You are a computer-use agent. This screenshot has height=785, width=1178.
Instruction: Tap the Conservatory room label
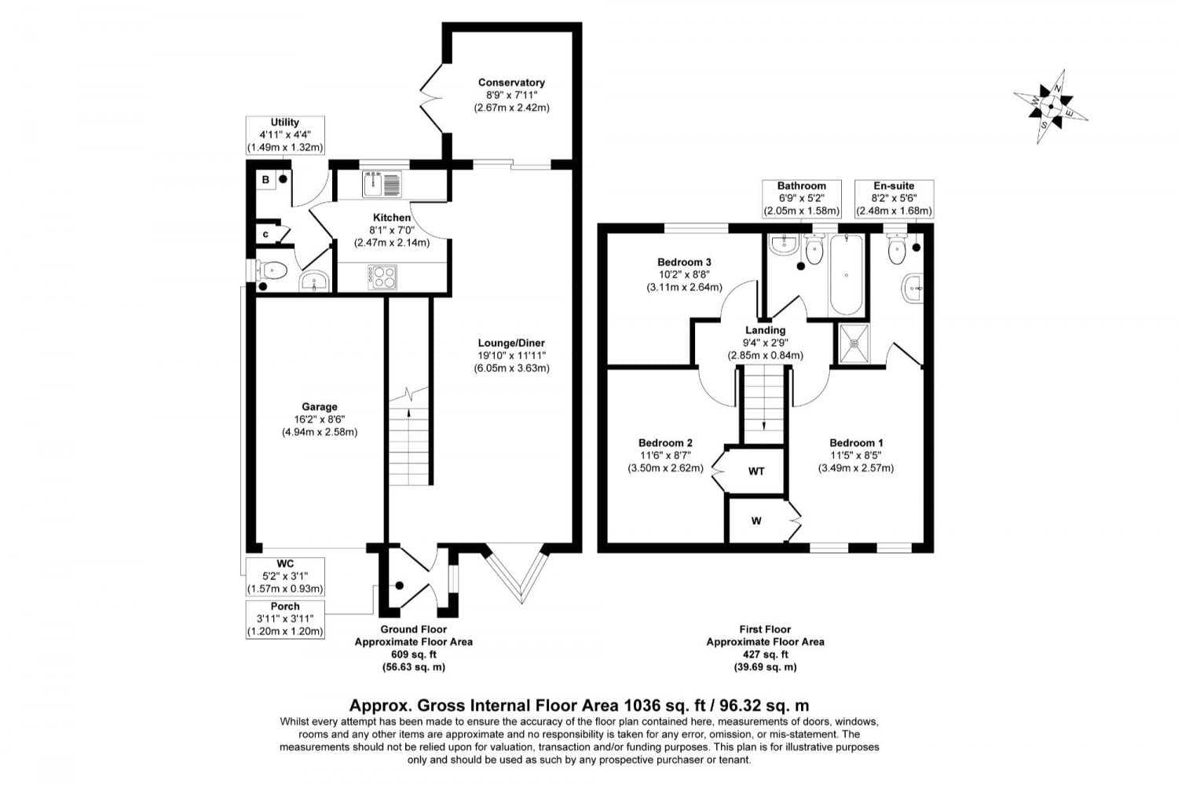(511, 83)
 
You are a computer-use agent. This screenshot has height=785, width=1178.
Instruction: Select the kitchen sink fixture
(382, 184)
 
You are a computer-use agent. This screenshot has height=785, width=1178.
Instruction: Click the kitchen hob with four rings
(382, 276)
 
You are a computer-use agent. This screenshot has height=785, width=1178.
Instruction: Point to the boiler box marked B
(265, 180)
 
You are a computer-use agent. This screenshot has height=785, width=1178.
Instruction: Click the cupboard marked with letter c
(265, 233)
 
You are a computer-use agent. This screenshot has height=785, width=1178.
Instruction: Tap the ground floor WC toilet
(271, 271)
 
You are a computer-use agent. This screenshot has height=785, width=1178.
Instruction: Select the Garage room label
(319, 406)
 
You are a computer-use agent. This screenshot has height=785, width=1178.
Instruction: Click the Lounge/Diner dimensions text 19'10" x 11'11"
(511, 355)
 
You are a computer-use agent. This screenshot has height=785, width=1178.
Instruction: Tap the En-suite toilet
(896, 249)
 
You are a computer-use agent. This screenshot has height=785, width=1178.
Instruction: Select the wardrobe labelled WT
(755, 471)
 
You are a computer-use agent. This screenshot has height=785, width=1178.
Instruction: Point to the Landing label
(765, 330)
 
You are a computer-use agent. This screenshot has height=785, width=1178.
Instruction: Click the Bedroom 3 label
(684, 262)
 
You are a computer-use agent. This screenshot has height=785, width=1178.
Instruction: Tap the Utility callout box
(285, 135)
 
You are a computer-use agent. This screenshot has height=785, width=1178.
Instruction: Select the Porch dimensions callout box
(285, 619)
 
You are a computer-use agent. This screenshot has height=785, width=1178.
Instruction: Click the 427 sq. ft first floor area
(765, 654)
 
